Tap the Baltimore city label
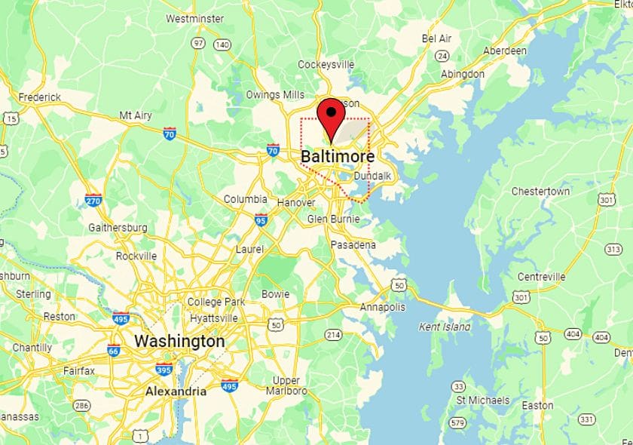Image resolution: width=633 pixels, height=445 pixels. point(338,157)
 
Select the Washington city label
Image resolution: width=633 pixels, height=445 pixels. point(179,341)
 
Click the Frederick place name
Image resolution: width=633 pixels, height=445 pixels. point(39,97)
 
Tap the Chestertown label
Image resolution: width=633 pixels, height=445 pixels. point(540,192)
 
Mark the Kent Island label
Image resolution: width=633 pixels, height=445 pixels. point(445,327)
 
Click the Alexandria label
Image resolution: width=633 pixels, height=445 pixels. point(176,391)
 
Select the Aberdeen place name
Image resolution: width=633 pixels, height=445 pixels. point(504,51)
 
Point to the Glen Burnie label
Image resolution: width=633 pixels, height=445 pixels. point(333,219)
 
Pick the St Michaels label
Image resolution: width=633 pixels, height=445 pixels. point(483,400)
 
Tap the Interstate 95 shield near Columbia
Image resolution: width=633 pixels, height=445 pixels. point(261,221)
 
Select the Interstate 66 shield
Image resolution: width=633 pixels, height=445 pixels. point(114,350)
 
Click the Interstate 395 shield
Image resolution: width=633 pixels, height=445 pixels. point(164,369)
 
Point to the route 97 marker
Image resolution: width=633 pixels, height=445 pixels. point(198,44)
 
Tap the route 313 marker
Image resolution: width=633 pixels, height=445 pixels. point(613,250)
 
